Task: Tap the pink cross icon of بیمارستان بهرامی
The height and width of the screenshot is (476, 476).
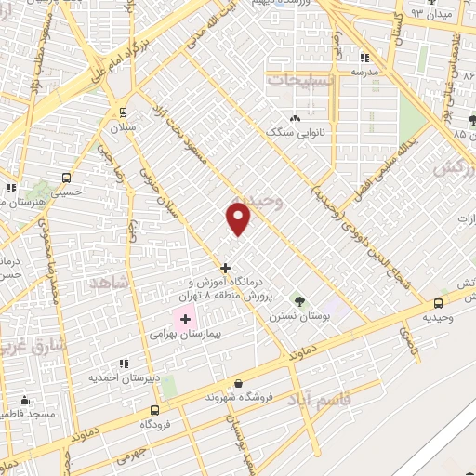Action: pyautogui.click(x=184, y=319)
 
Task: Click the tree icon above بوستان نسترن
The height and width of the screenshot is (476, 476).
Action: pyautogui.click(x=298, y=300)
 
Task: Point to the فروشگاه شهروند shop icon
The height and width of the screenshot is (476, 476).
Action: pyautogui.click(x=239, y=383)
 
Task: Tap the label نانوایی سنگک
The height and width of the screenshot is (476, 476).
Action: pyautogui.click(x=301, y=132)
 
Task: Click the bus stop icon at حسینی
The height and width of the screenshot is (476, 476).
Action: pyautogui.click(x=66, y=178)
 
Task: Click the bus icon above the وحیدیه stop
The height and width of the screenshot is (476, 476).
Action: pyautogui.click(x=439, y=302)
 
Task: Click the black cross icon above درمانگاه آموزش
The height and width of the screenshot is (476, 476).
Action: pyautogui.click(x=225, y=268)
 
